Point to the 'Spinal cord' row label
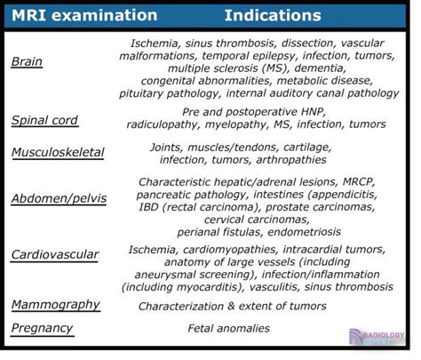[45, 121]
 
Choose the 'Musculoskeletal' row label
[58, 152]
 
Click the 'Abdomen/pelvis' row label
[59, 198]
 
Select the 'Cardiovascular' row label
[55, 255]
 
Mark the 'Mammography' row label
[54, 305]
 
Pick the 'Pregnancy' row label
[42, 328]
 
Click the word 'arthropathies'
[295, 161]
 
